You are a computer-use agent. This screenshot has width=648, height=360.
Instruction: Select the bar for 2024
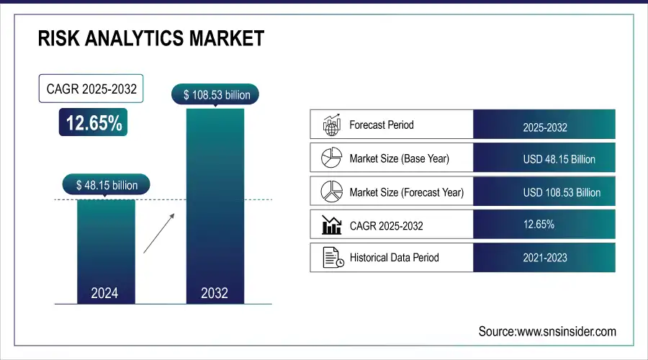105,252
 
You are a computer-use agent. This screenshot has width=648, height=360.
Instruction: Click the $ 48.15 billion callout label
107,185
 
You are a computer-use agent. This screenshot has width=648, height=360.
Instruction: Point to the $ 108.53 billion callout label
215,94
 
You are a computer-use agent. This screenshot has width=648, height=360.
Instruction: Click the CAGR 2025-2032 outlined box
91,90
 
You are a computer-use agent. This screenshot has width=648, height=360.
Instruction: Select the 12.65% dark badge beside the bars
94,123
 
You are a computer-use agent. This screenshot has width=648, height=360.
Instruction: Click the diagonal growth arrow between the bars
158,233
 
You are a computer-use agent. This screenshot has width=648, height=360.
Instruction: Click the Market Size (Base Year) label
399,158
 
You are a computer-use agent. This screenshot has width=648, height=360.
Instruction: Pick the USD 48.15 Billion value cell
544,158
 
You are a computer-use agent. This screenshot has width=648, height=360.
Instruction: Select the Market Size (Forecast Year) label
406,192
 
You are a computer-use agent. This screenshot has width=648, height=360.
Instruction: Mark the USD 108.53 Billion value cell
544,192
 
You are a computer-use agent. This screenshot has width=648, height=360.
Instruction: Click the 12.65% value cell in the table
544,225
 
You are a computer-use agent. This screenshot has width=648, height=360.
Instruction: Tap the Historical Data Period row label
394,257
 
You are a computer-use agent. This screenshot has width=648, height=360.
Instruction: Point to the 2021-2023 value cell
544,257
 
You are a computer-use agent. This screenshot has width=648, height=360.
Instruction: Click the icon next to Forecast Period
330,125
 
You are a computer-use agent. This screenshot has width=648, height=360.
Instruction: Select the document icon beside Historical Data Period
330,257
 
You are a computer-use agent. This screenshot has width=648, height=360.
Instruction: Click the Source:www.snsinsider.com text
547,331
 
